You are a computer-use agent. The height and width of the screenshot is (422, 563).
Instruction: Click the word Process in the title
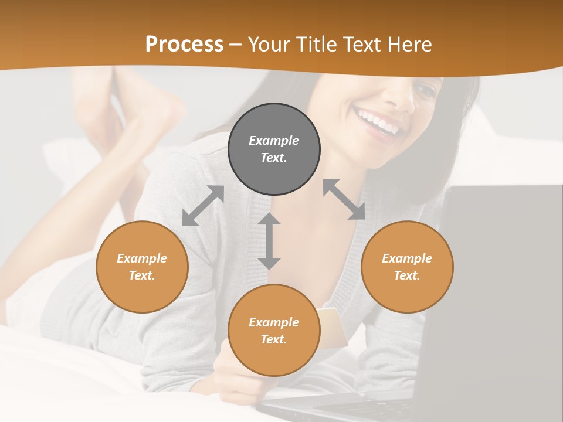184,45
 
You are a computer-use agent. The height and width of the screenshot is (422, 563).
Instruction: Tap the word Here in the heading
411,45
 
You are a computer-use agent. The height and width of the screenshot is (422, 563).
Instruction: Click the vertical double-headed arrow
269,241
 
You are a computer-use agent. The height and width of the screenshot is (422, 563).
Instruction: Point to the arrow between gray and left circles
203,206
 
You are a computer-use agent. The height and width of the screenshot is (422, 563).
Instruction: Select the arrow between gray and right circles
344,199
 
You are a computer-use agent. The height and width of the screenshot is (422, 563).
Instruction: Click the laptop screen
504,281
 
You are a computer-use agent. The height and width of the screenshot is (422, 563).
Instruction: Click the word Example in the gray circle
274,141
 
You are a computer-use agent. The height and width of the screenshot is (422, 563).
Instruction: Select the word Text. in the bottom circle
274,339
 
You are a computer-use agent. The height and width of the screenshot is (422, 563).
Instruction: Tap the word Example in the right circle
407,258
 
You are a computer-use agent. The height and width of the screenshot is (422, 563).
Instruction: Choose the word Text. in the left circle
142,275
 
